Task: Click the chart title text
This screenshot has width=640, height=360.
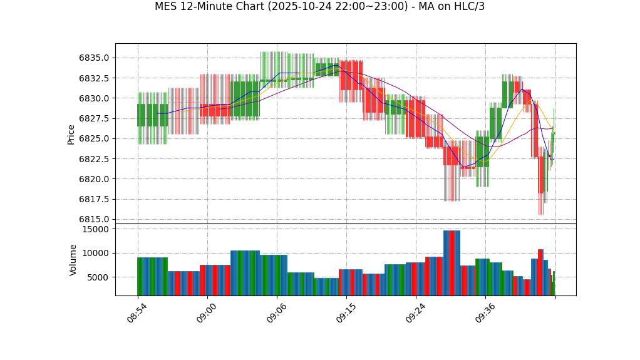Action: click(x=319, y=7)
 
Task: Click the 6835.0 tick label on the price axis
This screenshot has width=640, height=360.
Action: click(x=93, y=58)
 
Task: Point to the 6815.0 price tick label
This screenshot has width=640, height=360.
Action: click(x=93, y=220)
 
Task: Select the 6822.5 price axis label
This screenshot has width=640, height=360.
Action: click(x=93, y=159)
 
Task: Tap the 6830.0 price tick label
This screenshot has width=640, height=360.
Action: click(x=93, y=98)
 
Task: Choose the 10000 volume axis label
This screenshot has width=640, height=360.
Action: click(x=96, y=253)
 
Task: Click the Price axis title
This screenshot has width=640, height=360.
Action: click(x=71, y=134)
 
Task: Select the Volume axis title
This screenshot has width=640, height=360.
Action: click(x=73, y=260)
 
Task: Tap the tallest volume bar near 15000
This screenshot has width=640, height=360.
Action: click(x=452, y=263)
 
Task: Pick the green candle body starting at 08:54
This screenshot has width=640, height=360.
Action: click(x=152, y=115)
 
